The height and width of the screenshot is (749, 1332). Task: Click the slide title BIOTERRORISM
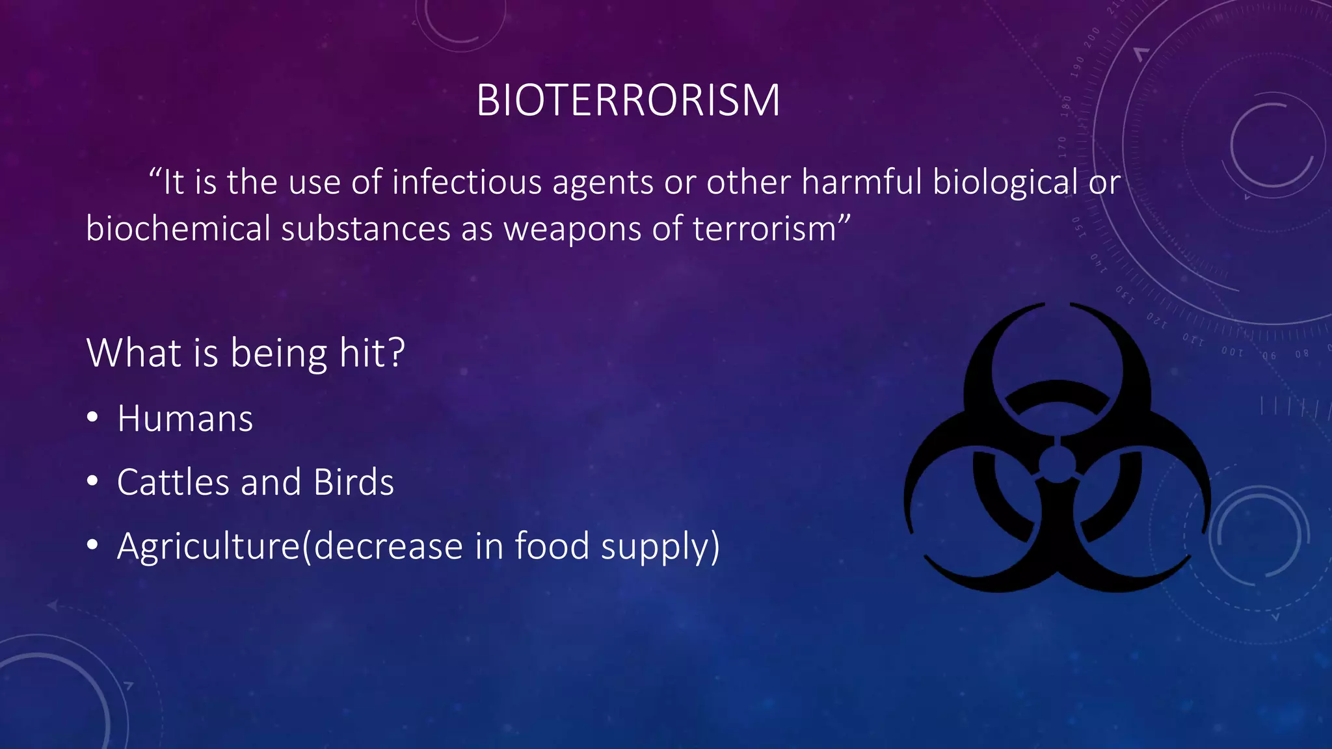tap(628, 101)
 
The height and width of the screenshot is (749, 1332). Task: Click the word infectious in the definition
tap(466, 182)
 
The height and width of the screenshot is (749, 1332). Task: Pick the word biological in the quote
tap(1005, 182)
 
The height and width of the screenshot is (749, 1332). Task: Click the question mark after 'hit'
tap(395, 353)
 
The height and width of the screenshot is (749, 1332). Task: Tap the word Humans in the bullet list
tap(185, 419)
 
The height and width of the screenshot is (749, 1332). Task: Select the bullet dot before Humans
tap(92, 418)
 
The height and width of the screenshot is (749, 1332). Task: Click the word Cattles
tap(173, 482)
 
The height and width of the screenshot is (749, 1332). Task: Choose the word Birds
tap(353, 482)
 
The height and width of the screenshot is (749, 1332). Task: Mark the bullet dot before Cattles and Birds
tap(92, 482)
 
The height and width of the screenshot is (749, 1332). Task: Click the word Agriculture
tap(208, 546)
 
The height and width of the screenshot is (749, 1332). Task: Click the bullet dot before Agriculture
tap(92, 545)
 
